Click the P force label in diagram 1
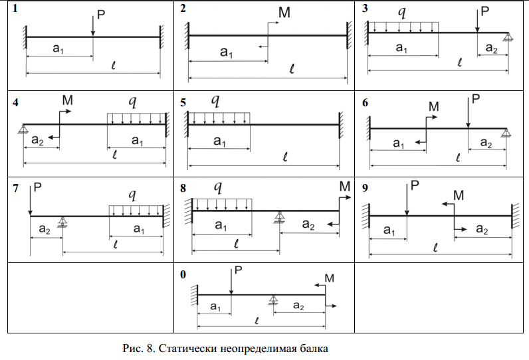(101, 15)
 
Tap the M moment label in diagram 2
(284, 13)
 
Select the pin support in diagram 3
(508, 37)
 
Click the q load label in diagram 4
(133, 101)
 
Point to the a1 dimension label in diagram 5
(219, 141)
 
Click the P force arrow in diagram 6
(468, 113)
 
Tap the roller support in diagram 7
(62, 222)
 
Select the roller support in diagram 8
(279, 217)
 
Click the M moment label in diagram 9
(459, 195)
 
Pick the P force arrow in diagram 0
(231, 282)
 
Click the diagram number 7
(15, 188)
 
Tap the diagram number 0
(183, 275)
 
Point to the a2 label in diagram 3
(491, 48)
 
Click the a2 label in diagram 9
(482, 229)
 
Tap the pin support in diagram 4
(23, 129)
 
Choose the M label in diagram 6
(434, 106)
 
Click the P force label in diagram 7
(38, 187)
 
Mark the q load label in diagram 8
(218, 187)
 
